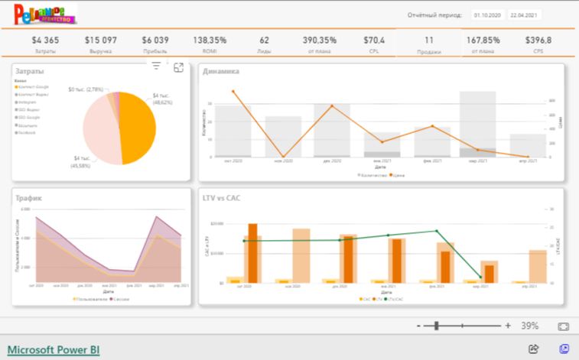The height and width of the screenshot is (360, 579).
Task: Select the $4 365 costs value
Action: point(45,40)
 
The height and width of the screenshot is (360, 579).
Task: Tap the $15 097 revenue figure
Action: point(100,40)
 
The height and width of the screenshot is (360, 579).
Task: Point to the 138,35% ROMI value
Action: point(210,40)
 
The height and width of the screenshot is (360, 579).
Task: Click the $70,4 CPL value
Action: point(374,40)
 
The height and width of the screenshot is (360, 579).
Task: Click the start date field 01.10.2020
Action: point(486,15)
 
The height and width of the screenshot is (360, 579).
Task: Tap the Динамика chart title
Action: point(221,72)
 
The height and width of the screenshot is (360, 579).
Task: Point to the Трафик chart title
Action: point(29,198)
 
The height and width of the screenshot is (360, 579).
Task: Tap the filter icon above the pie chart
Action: point(156,66)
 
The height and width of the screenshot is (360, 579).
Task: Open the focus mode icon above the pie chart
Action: point(178,67)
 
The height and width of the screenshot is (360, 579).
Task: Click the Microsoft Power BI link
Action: point(54,350)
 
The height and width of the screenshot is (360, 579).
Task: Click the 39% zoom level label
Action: point(529,326)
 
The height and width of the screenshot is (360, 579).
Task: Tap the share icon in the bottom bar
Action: point(534,349)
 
